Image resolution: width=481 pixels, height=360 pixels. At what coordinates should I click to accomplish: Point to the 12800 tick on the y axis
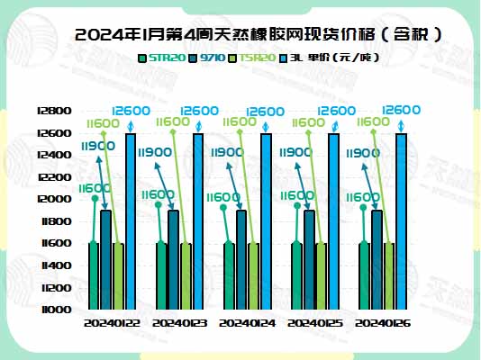click(57, 111)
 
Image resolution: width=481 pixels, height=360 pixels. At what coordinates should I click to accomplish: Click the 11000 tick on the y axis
click(57, 309)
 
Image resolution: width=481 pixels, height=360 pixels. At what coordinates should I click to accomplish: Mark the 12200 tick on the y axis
click(57, 177)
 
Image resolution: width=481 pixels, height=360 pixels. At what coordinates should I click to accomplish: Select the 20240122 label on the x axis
click(112, 322)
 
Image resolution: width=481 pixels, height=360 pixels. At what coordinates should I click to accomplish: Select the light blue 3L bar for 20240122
click(132, 220)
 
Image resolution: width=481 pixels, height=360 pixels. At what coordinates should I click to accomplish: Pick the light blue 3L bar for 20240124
click(266, 220)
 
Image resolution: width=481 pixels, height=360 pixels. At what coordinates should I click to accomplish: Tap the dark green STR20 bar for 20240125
click(297, 275)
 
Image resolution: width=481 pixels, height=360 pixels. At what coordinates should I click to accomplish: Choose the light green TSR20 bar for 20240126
click(390, 275)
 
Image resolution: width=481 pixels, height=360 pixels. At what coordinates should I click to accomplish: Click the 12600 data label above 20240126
click(402, 110)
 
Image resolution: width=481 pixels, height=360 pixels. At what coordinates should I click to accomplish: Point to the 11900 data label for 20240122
click(97, 145)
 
